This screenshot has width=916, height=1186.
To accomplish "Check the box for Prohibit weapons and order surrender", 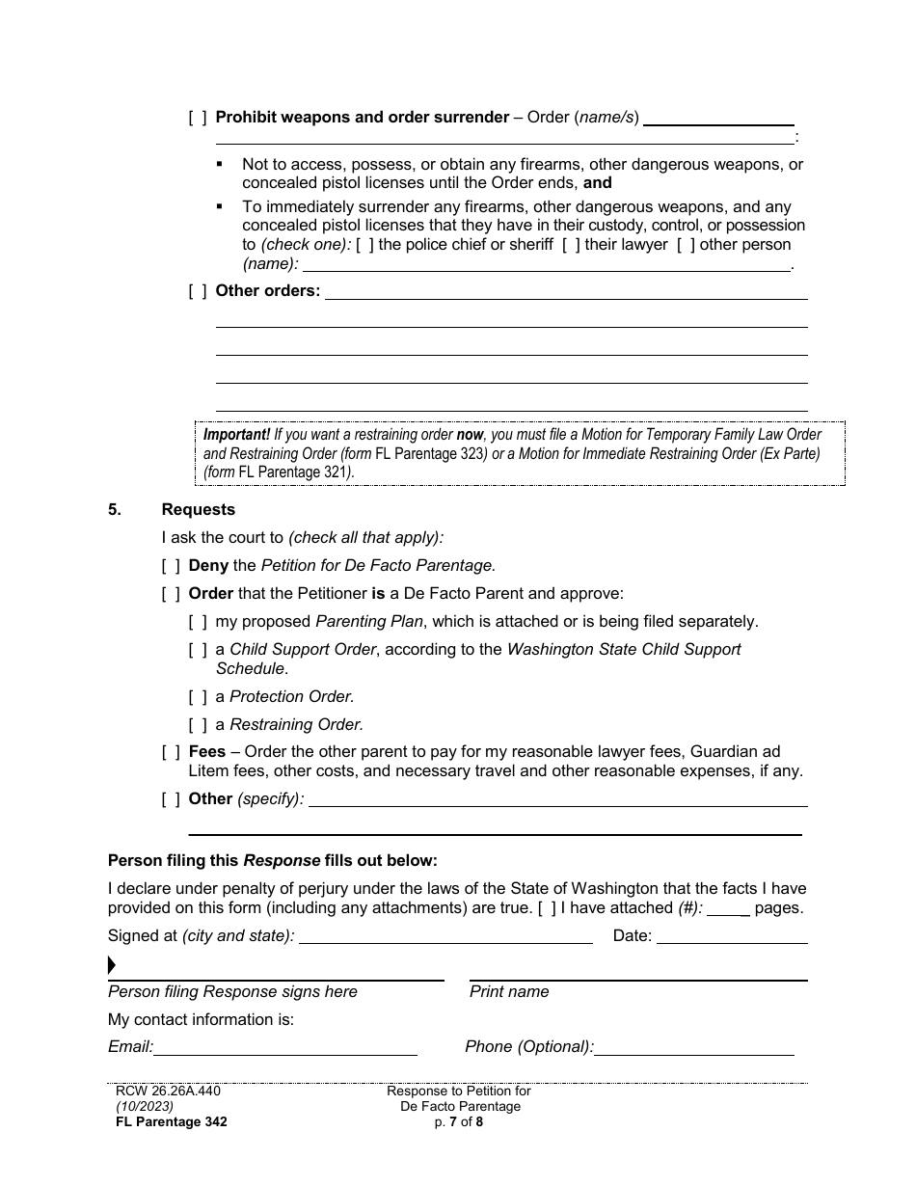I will (x=198, y=118).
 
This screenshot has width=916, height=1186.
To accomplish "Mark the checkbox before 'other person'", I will (x=686, y=245).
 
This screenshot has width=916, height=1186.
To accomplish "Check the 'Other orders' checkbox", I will (x=198, y=291).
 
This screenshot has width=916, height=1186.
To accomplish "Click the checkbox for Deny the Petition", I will (x=171, y=566).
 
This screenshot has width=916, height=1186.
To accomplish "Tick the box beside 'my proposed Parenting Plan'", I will (x=198, y=622).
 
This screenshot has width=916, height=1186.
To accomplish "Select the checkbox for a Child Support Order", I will (x=198, y=650).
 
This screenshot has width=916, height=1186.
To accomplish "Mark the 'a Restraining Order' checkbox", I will (x=198, y=725).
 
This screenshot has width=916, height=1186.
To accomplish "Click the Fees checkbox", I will (x=171, y=752).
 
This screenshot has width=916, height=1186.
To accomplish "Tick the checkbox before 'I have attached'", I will (x=547, y=907).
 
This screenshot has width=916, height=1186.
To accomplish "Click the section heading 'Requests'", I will (x=198, y=510).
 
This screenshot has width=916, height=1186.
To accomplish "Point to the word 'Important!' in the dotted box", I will (x=236, y=435).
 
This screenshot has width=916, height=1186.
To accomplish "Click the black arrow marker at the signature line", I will (x=112, y=965).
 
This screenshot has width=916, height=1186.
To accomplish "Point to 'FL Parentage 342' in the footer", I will (x=172, y=1121).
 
